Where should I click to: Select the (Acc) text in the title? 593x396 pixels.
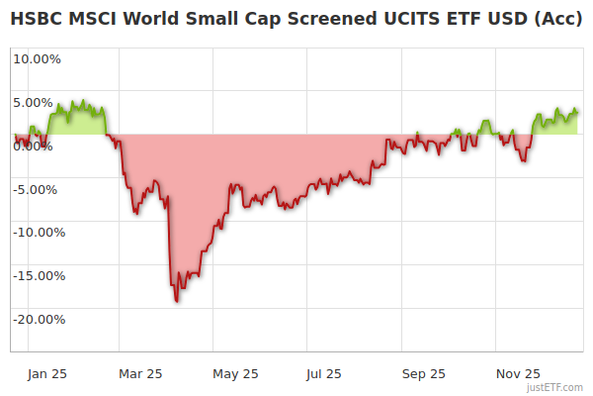(555, 19)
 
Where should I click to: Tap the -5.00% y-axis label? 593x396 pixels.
(39, 189)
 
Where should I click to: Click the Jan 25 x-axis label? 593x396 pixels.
(46, 373)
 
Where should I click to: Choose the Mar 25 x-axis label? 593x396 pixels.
(139, 373)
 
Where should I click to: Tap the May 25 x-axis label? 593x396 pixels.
(235, 373)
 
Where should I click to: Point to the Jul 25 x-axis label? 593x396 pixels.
(323, 373)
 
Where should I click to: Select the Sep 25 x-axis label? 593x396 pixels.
(423, 373)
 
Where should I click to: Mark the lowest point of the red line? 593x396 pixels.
(176, 301)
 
